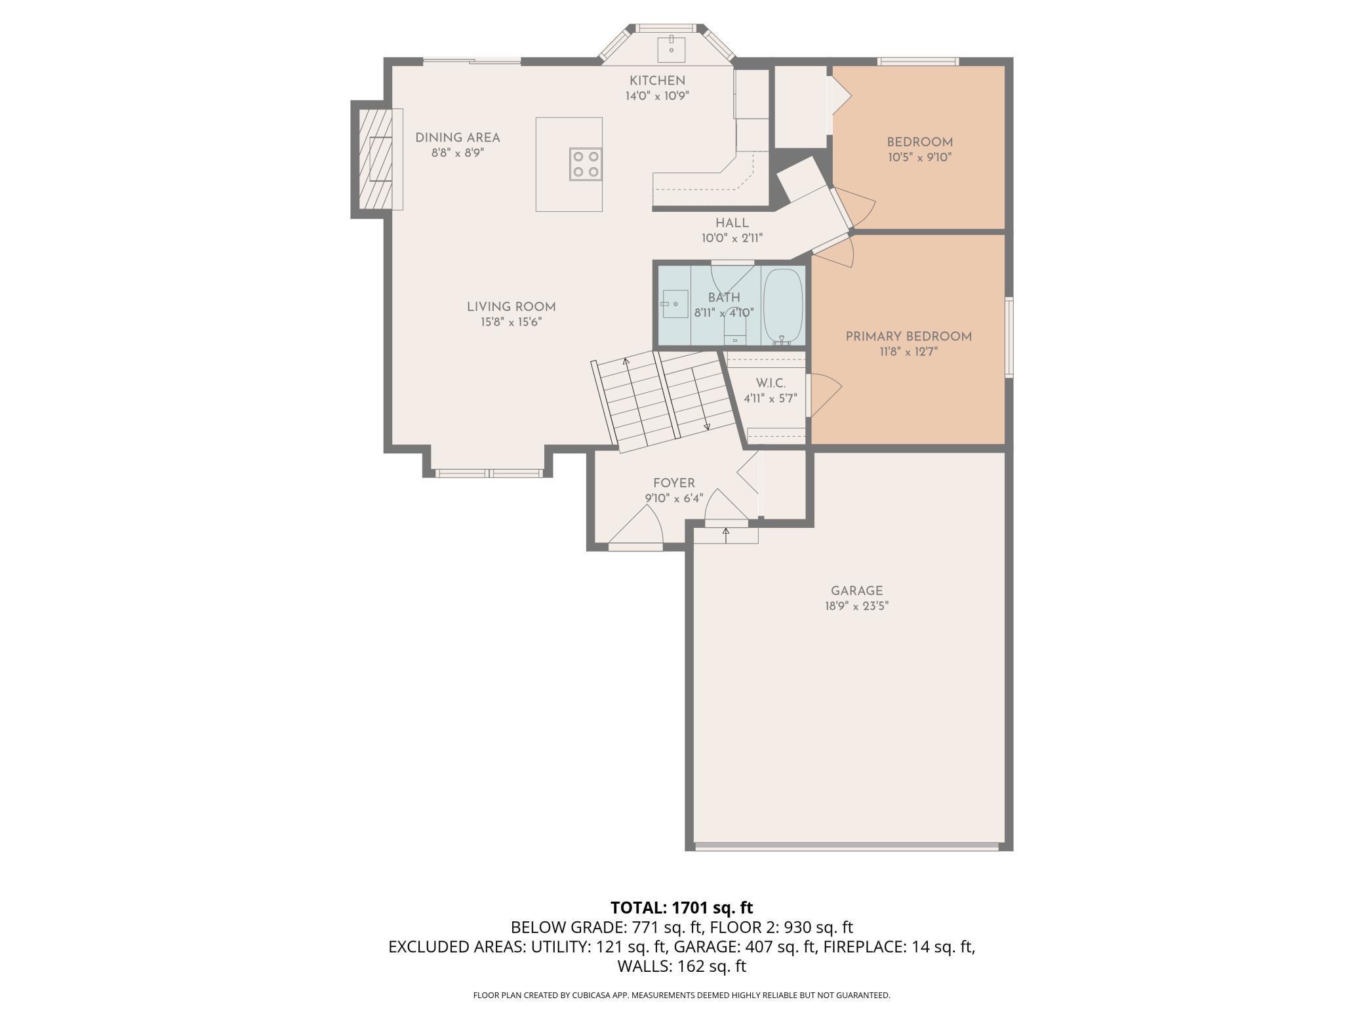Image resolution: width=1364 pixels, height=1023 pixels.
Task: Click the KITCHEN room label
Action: click(x=657, y=81)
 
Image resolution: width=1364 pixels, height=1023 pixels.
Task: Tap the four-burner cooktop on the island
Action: click(x=586, y=164)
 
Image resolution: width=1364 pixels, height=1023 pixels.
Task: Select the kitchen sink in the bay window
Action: click(x=672, y=47)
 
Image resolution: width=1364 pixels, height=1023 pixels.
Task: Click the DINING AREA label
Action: click(x=458, y=138)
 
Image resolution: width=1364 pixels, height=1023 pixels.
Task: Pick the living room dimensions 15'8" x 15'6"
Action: click(x=511, y=322)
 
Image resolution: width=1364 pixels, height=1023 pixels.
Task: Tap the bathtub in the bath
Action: click(x=783, y=306)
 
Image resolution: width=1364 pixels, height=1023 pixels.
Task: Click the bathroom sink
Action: click(x=674, y=304)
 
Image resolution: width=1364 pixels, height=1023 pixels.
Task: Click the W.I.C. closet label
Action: click(x=771, y=383)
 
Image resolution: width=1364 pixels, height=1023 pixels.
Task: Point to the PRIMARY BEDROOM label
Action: click(x=908, y=336)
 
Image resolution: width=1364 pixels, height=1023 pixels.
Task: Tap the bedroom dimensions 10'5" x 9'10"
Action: click(x=919, y=157)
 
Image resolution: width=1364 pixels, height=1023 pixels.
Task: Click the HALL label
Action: click(x=732, y=223)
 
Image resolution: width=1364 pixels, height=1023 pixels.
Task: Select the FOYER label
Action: click(x=673, y=483)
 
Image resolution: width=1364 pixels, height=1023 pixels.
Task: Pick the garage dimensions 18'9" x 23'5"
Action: click(x=856, y=607)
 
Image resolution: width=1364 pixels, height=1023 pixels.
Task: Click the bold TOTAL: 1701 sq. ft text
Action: click(x=682, y=908)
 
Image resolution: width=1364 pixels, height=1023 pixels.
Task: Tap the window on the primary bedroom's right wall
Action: click(x=1010, y=337)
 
